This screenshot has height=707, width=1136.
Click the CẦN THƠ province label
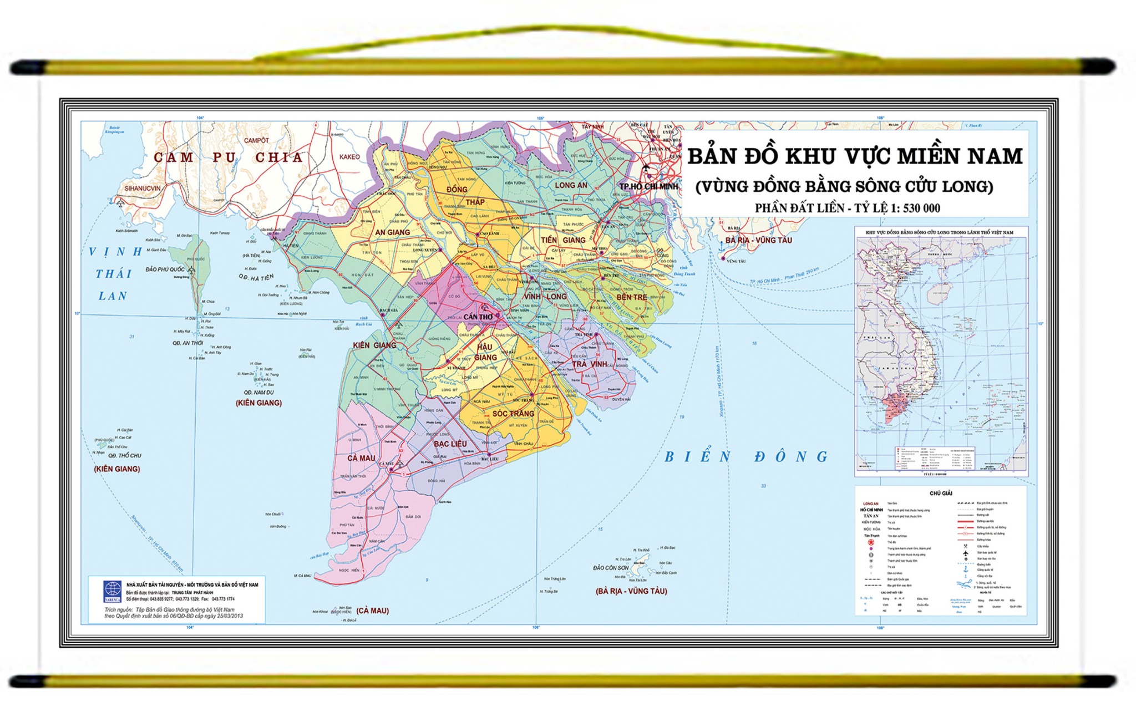[478, 317]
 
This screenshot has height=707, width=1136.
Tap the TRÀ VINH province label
[590, 364]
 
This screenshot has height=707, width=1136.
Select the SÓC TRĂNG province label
[513, 414]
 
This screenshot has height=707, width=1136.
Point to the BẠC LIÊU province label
[450, 444]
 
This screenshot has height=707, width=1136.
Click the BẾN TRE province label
[631, 297]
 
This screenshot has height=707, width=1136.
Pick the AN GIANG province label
[392, 232]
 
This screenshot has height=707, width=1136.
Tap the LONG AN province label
[571, 185]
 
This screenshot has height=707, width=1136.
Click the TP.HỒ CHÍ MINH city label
[648, 186]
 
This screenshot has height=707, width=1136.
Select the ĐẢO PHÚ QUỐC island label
[165, 269]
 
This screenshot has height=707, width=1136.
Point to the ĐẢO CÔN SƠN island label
[611, 568]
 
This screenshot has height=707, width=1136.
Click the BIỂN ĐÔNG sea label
[746, 457]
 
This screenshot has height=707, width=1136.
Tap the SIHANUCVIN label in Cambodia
[142, 189]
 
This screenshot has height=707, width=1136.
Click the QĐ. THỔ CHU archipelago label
[124, 456]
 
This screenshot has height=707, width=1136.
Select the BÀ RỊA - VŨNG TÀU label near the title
[758, 240]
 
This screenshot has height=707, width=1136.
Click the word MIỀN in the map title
[929, 156]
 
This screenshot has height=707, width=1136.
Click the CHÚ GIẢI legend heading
[941, 493]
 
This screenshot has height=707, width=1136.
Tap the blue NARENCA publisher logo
[113, 591]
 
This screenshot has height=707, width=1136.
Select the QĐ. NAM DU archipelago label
[258, 393]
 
